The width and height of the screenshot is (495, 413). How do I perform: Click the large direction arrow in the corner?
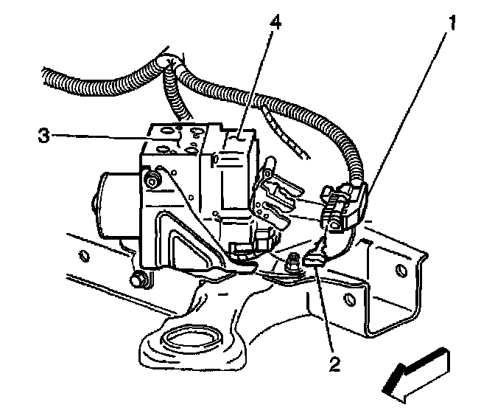click(x=416, y=372)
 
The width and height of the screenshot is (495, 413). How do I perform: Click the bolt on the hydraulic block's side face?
click(x=153, y=178)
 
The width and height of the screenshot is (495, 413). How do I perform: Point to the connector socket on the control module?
click(x=276, y=199)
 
